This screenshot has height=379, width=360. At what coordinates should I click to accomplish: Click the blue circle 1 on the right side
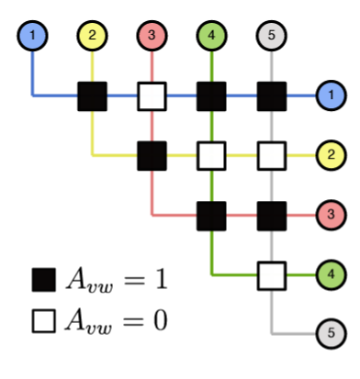click(x=330, y=95)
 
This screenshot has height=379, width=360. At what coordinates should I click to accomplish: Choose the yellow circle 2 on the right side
click(x=330, y=154)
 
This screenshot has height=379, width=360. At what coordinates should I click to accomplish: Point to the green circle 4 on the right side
click(x=330, y=273)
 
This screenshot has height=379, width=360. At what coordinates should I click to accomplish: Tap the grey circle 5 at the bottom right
click(x=330, y=333)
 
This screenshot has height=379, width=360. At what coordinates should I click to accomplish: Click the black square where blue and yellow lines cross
click(x=93, y=95)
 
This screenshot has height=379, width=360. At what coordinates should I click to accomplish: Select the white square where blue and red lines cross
click(x=152, y=95)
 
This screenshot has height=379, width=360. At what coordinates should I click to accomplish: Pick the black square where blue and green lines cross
click(x=212, y=95)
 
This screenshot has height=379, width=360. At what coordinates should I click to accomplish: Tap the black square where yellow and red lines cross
click(x=152, y=154)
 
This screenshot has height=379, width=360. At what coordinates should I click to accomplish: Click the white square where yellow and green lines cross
click(x=212, y=154)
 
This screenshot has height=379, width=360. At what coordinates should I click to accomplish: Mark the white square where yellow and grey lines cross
click(x=272, y=154)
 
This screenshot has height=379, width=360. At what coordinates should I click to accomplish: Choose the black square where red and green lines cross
click(x=212, y=215)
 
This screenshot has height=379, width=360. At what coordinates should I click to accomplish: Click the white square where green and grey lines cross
click(x=272, y=273)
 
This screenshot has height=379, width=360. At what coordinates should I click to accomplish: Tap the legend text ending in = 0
click(x=115, y=321)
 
